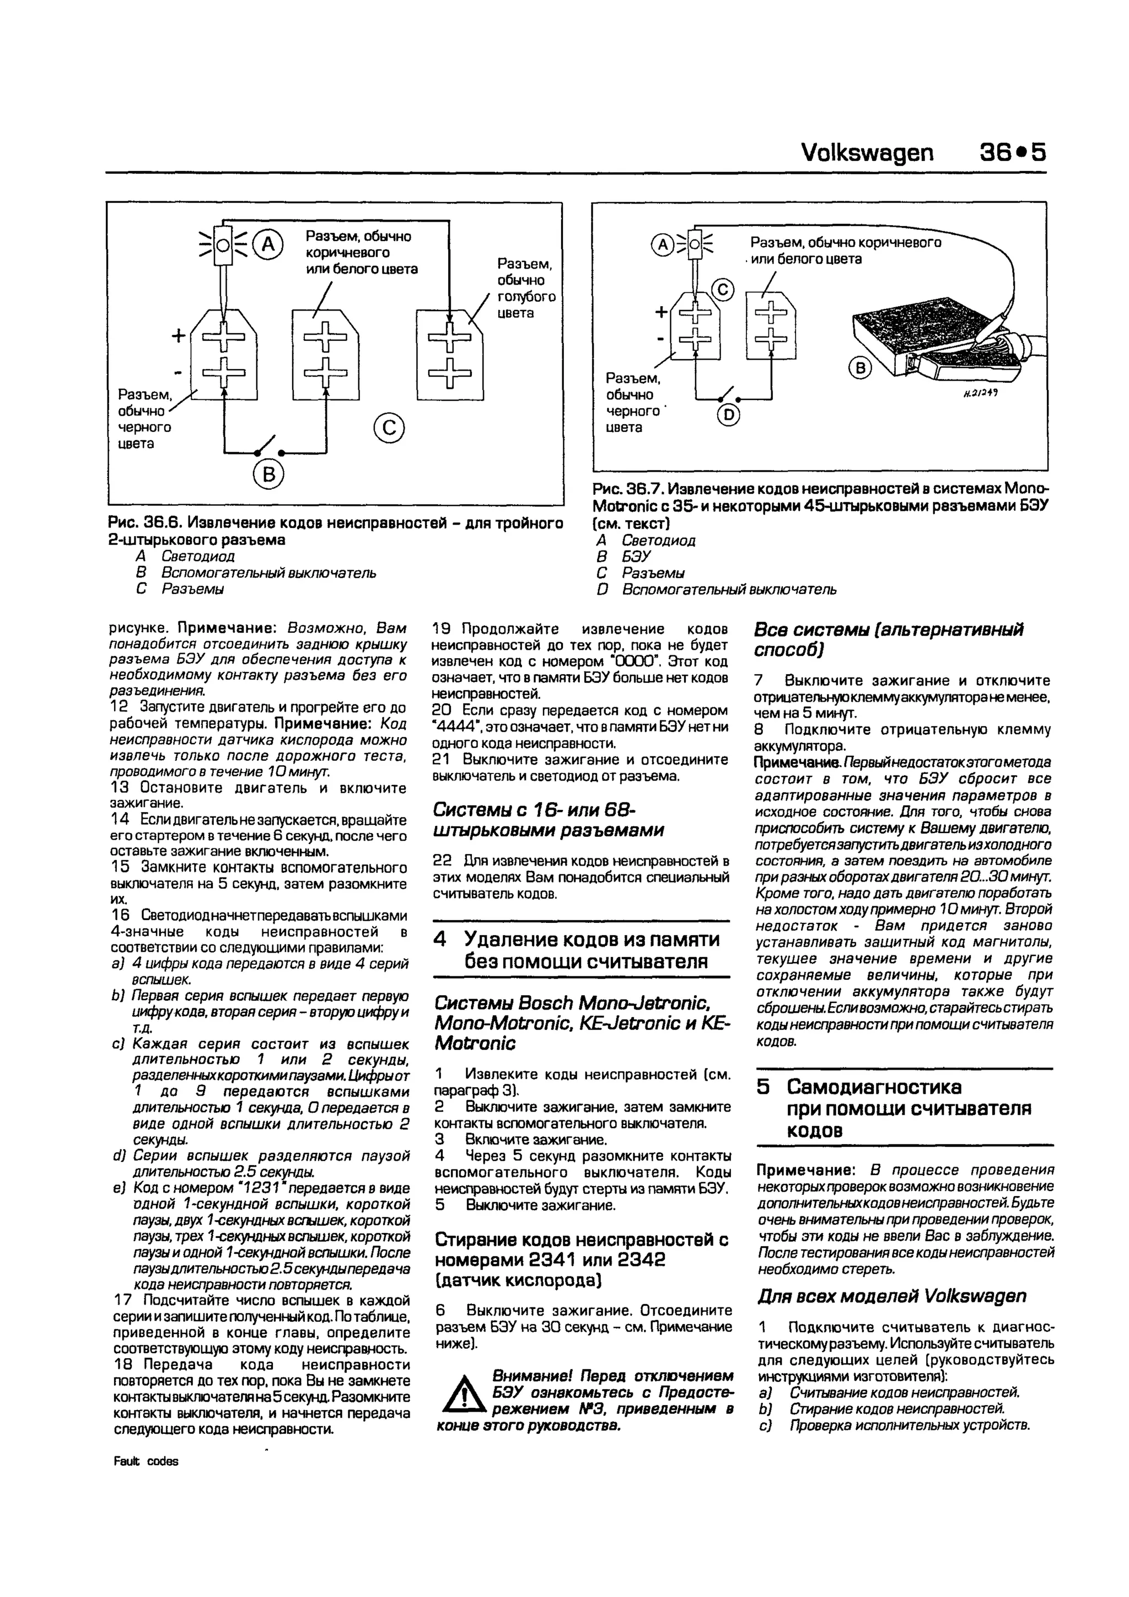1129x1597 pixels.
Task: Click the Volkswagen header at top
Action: pyautogui.click(x=867, y=152)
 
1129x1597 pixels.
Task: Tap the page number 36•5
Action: pyautogui.click(x=1011, y=152)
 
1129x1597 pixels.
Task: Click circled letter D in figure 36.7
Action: pyautogui.click(x=729, y=416)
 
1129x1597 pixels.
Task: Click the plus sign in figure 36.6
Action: pyautogui.click(x=179, y=336)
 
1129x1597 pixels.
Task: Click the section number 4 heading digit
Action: pyautogui.click(x=439, y=939)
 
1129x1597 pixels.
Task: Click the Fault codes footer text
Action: pyautogui.click(x=146, y=1461)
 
